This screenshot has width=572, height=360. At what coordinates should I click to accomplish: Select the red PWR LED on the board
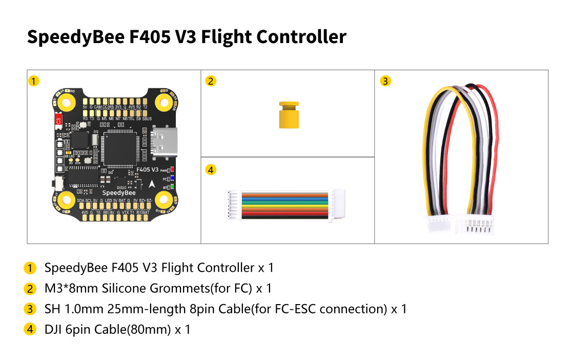coord(173,169)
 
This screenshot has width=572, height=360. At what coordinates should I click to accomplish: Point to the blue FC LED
coord(173,178)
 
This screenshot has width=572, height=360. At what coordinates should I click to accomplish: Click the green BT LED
coord(173,187)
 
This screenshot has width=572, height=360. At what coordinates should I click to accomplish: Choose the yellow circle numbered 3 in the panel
coord(386,81)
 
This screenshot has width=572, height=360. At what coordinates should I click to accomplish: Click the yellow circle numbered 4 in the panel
coord(210,170)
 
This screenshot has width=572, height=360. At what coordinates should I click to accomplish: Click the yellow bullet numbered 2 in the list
coord(30,289)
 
